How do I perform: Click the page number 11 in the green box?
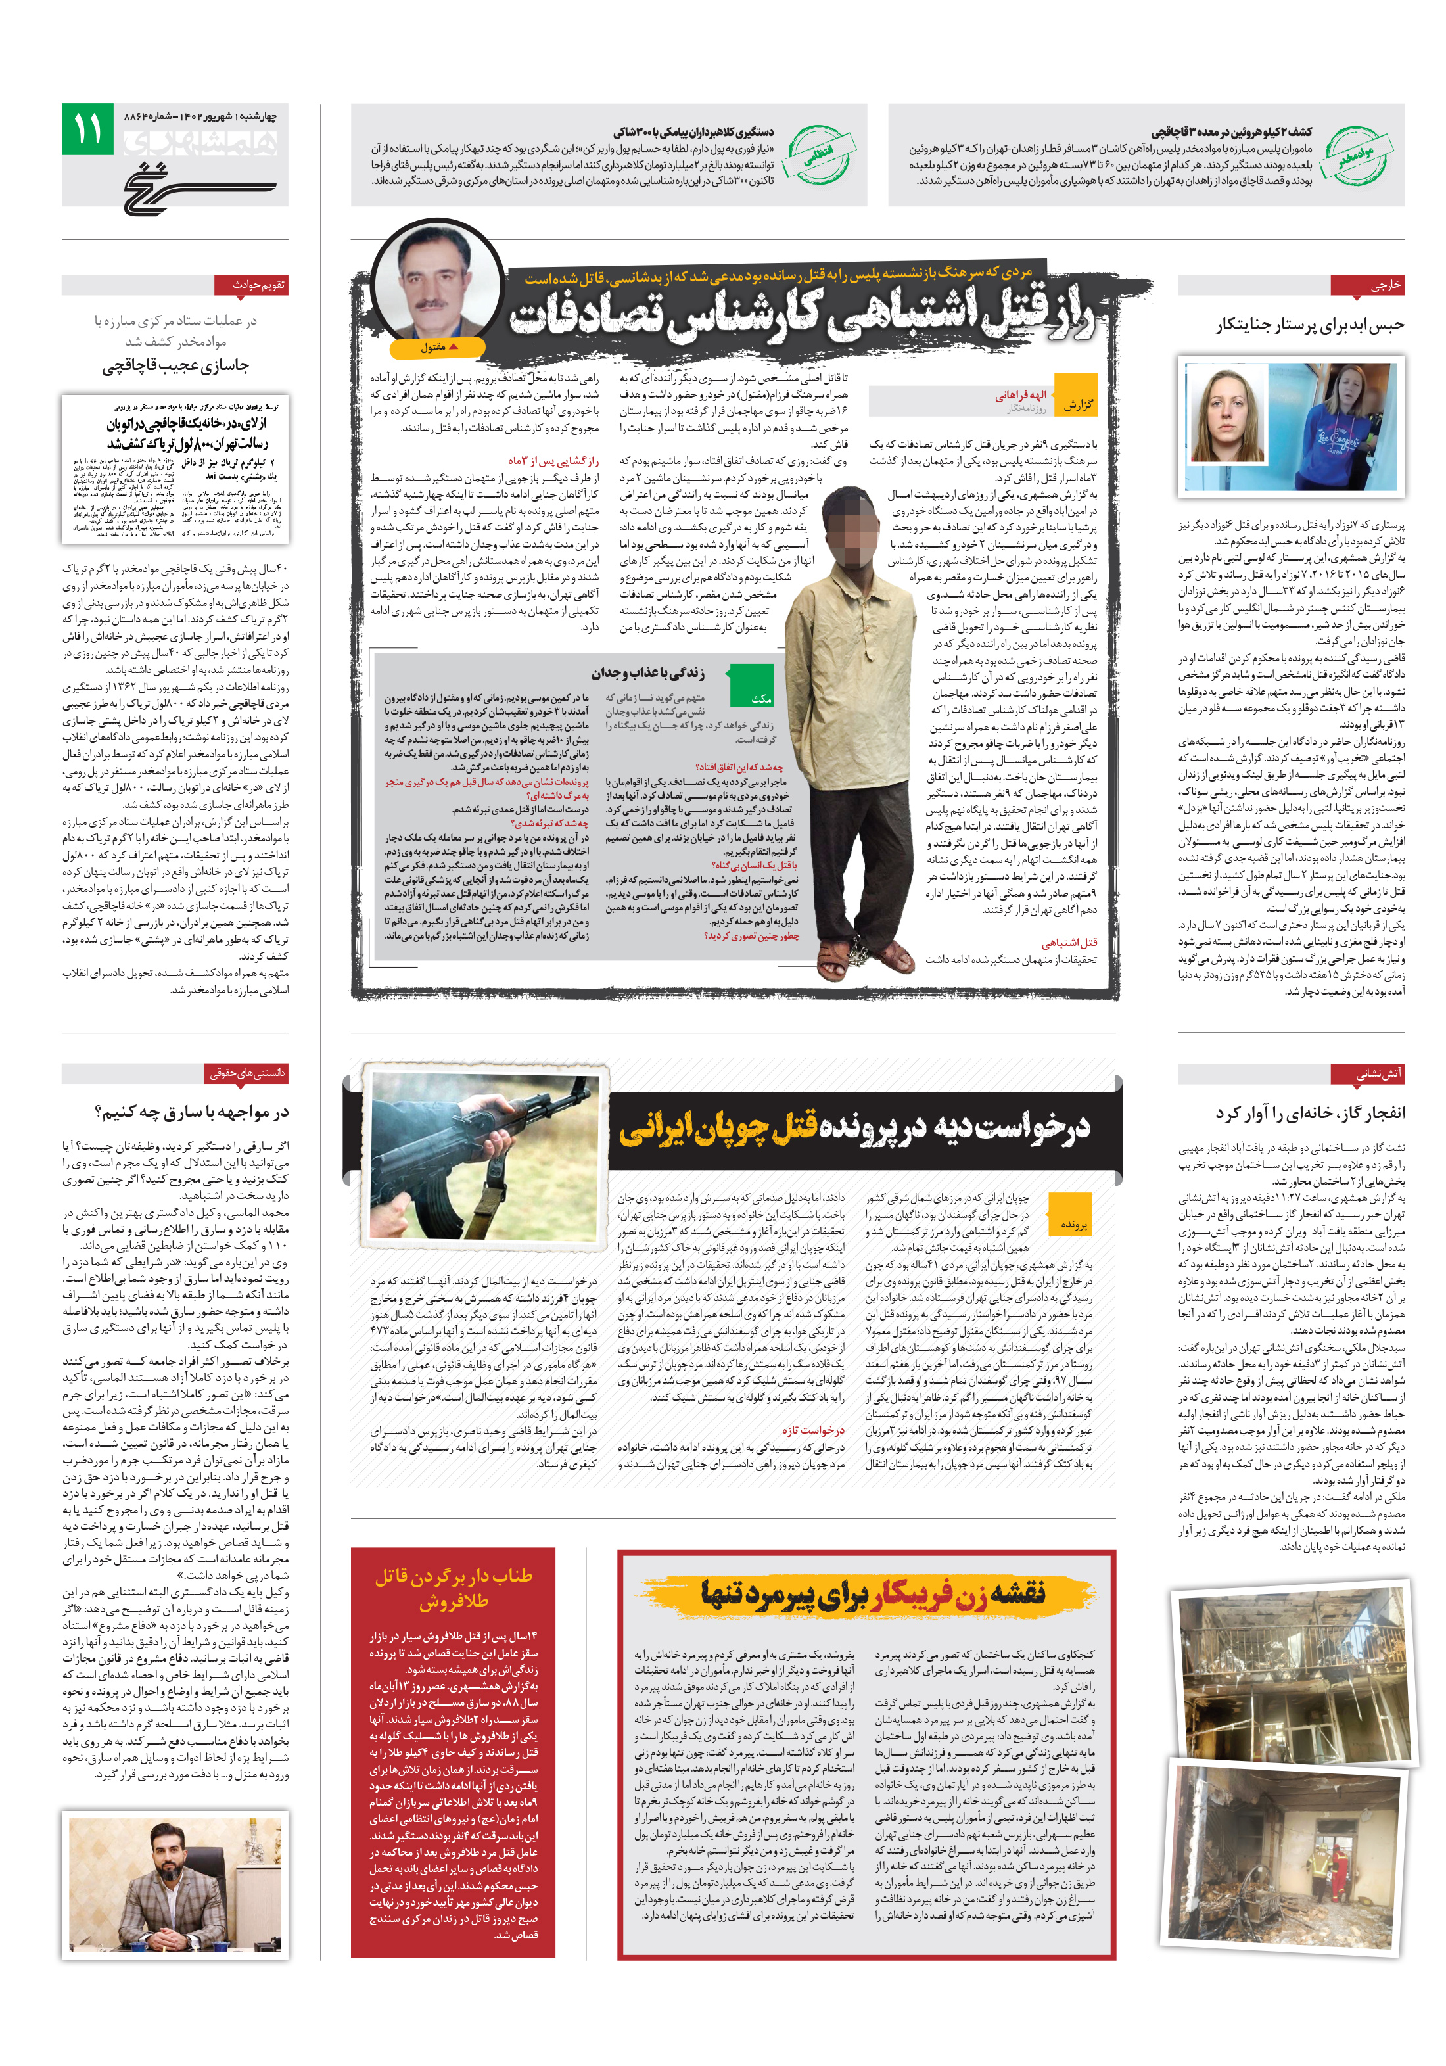(x=87, y=129)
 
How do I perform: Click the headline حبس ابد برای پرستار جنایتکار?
(x=1309, y=325)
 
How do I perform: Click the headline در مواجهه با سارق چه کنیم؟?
(x=192, y=1113)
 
